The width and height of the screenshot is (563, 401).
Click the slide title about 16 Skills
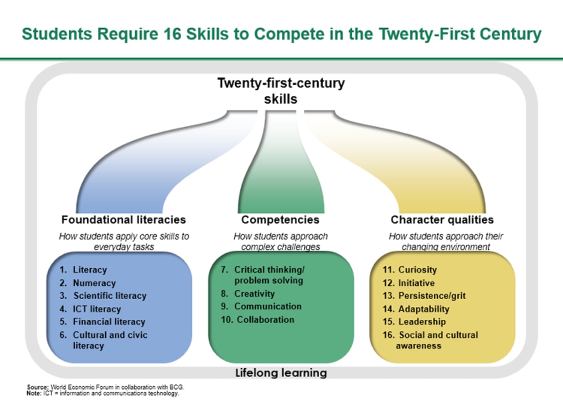point(281,35)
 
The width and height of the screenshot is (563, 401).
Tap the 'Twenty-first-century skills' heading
point(281,91)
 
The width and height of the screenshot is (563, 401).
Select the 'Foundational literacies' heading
point(123,220)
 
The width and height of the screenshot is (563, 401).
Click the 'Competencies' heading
point(280,220)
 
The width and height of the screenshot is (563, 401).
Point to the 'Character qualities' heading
point(442,220)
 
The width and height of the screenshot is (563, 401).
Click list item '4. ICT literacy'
point(90,309)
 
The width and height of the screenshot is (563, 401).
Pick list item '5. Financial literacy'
point(103,322)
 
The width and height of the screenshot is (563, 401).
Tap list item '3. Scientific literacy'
point(103,296)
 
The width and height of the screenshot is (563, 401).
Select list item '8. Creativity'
point(248,294)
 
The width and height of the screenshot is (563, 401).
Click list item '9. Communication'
point(261,307)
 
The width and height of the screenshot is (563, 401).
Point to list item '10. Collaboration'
point(257,320)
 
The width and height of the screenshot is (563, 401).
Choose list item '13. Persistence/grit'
point(424,296)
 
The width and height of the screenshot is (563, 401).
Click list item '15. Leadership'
point(414,322)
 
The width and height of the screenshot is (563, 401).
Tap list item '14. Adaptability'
point(416,309)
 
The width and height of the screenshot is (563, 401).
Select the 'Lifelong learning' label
point(281,373)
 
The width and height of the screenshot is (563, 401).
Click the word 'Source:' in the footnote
point(35,387)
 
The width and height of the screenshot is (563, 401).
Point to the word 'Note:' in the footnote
point(34,393)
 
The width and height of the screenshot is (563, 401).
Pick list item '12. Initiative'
point(409,283)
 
